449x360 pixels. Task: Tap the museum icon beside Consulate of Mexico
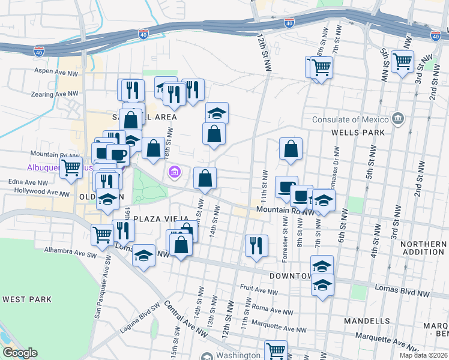pyautogui.click(x=397, y=119)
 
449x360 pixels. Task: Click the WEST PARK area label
pyautogui.click(x=27, y=299)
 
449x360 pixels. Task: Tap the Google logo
pyautogui.click(x=19, y=353)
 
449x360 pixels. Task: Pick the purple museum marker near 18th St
pyautogui.click(x=174, y=173)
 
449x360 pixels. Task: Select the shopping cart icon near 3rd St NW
pyautogui.click(x=402, y=61)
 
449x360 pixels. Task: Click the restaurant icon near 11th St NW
pyautogui.click(x=256, y=245)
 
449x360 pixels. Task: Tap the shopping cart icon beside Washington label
pyautogui.click(x=276, y=350)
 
